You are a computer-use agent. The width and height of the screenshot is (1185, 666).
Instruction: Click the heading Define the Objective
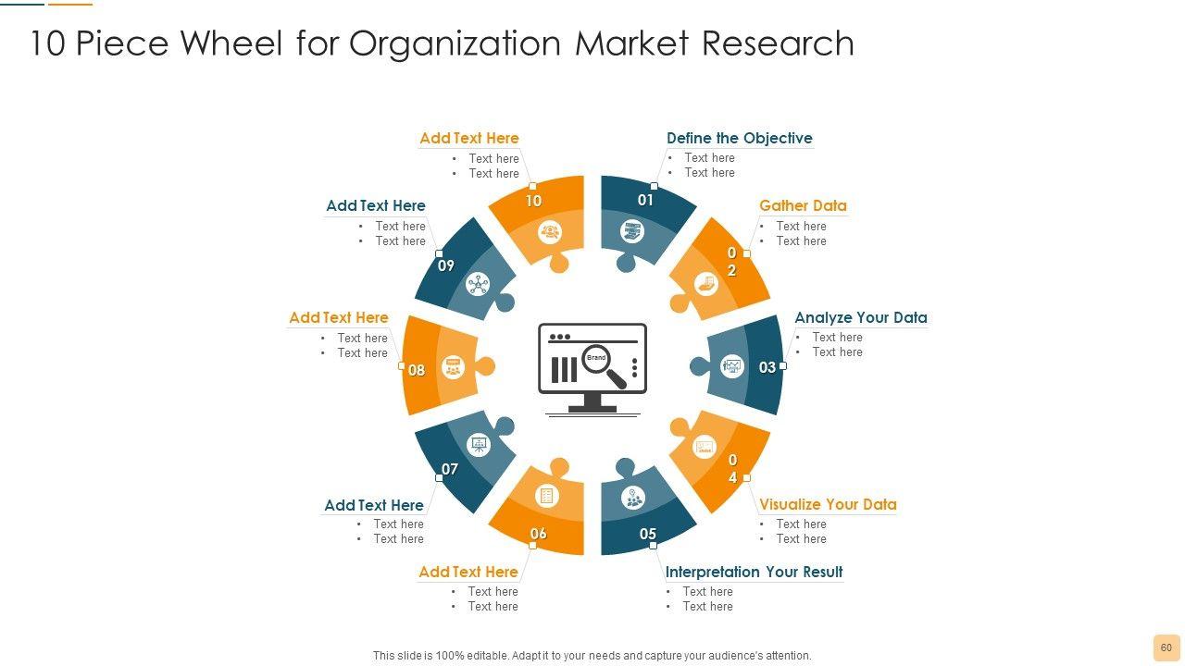click(x=739, y=138)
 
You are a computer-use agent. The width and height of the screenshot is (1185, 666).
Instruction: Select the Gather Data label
click(x=803, y=205)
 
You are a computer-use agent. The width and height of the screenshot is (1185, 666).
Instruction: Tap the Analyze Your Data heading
click(x=860, y=317)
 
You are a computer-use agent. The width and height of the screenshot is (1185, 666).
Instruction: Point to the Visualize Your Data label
click(x=828, y=504)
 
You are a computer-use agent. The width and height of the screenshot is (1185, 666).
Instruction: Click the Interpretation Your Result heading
click(x=754, y=572)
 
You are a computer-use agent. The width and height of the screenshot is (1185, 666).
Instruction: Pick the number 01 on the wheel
click(x=645, y=200)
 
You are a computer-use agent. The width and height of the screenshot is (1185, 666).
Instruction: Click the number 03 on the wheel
click(x=767, y=367)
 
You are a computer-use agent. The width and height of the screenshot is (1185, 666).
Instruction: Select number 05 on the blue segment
click(x=648, y=534)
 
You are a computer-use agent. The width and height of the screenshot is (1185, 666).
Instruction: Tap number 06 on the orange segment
click(x=538, y=534)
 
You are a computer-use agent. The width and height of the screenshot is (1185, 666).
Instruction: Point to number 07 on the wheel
click(x=450, y=469)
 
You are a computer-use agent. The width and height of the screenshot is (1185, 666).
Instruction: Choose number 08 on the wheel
click(x=417, y=370)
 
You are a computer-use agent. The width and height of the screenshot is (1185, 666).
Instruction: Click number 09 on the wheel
click(x=446, y=265)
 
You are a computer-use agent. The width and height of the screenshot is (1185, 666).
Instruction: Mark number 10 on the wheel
click(x=533, y=201)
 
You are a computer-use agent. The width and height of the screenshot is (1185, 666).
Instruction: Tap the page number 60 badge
click(x=1166, y=647)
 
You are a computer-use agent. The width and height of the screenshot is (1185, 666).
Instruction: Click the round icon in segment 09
click(x=478, y=285)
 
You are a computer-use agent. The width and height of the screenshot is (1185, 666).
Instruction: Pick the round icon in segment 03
click(x=732, y=365)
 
